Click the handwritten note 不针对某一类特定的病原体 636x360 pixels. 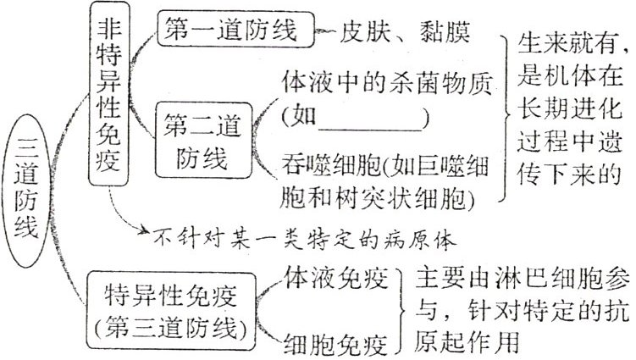pos(304,232)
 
